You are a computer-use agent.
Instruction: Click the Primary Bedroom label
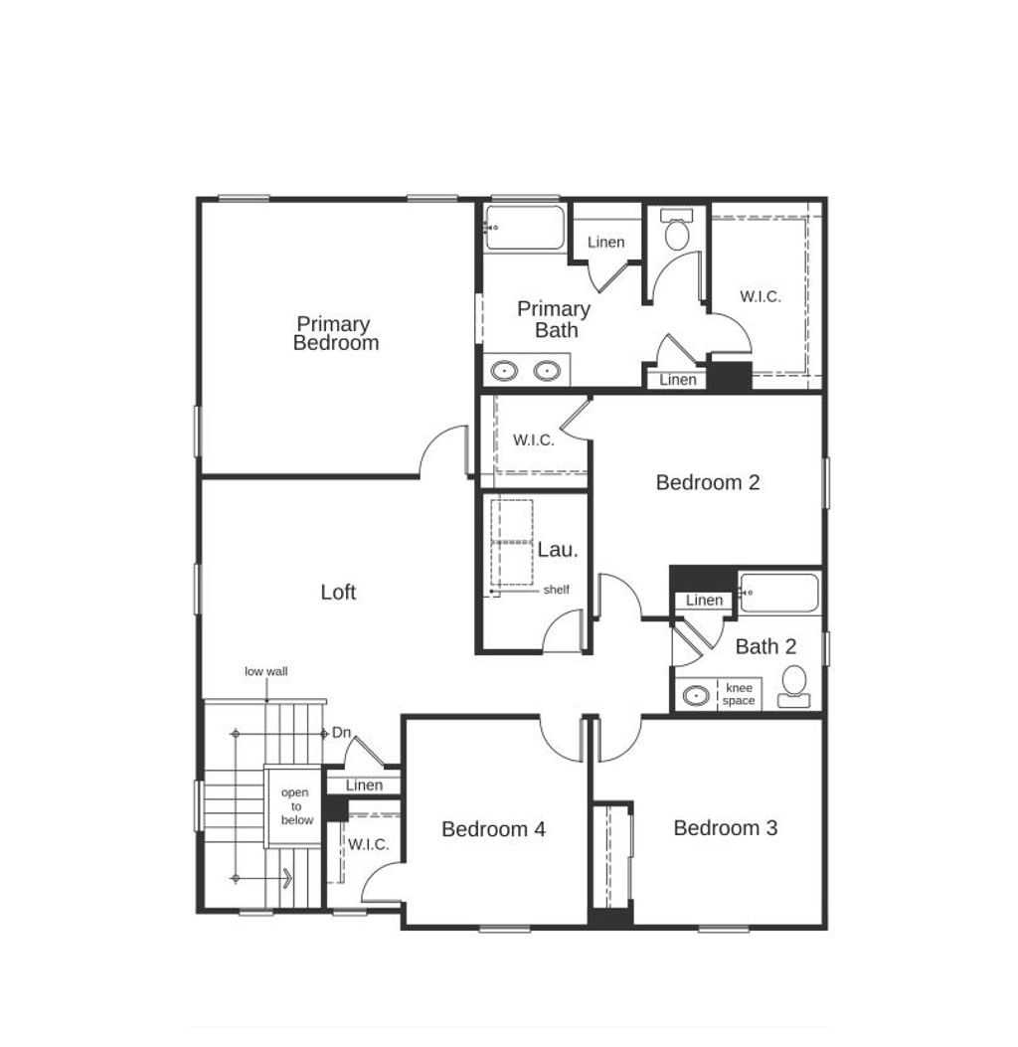[335, 333]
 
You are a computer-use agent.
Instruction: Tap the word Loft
[338, 593]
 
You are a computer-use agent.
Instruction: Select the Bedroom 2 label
[708, 483]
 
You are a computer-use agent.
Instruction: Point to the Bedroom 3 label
[725, 828]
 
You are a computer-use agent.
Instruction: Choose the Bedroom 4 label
[493, 829]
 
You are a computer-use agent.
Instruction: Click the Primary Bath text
[554, 320]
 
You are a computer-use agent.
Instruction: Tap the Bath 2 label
[765, 647]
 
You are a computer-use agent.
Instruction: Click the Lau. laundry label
[557, 549]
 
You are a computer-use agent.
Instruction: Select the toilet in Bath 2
[794, 685]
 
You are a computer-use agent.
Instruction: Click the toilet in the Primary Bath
[677, 233]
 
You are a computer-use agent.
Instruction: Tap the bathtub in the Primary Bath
[525, 228]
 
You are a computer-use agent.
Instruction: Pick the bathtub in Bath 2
[779, 594]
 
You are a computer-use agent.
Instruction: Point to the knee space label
[739, 694]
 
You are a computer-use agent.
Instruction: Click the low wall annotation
[266, 672]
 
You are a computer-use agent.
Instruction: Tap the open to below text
[296, 806]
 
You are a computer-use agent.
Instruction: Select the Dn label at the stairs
[342, 733]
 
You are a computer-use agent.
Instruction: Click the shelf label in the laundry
[556, 590]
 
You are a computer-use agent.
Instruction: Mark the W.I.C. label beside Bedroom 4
[368, 845]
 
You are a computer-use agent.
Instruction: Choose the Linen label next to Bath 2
[704, 601]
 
